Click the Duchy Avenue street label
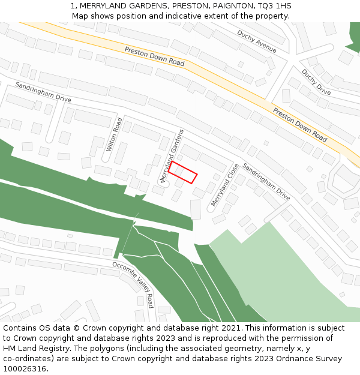pos(257,41)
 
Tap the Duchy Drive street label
pos(316,82)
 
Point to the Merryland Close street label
pos(225,185)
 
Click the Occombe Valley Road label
pos(133,284)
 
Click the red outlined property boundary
pos(182,172)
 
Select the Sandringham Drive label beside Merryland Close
pos(266,181)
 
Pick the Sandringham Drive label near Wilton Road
pos(43,92)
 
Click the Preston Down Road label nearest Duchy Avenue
pos(154,58)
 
